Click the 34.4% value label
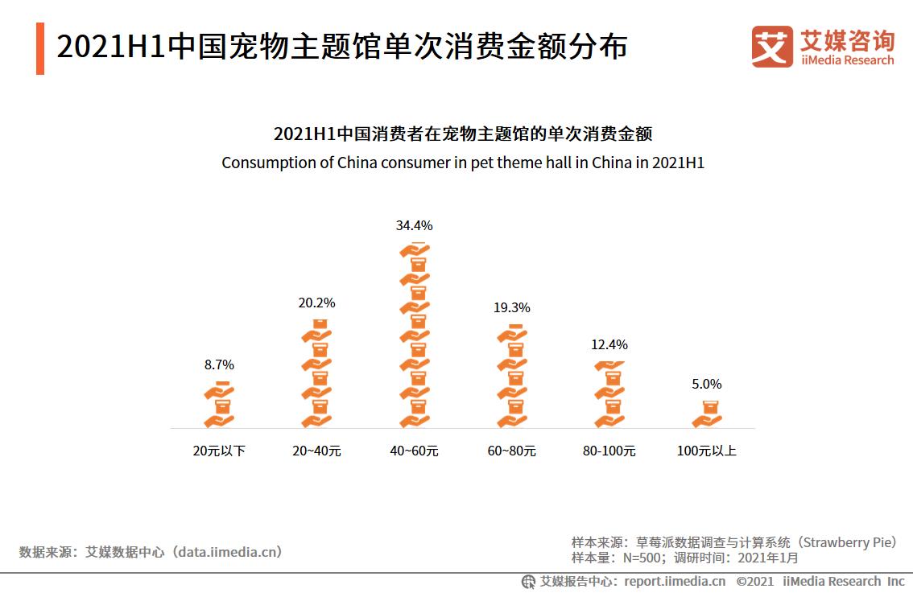(414, 226)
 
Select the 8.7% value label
(219, 365)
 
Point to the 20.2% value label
(316, 303)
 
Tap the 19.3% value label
(511, 308)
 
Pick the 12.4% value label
(609, 345)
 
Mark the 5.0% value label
(707, 385)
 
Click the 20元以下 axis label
(219, 451)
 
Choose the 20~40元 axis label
(316, 451)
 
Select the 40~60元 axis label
(414, 451)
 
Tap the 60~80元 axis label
(511, 451)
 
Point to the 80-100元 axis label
(609, 451)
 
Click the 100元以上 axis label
(707, 451)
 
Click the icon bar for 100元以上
(707, 414)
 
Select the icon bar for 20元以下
(219, 404)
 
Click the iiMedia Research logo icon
(771, 47)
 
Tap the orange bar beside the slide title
(40, 48)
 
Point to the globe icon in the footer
(528, 581)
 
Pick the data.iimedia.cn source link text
(229, 552)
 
